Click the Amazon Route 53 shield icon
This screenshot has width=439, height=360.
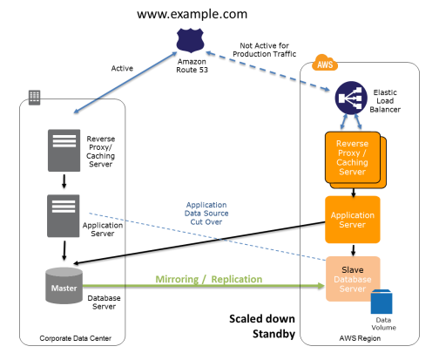pos(191,40)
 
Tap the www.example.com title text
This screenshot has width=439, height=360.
pos(192,14)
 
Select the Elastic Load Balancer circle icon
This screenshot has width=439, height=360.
pos(351,98)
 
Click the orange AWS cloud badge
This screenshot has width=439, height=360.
pos(325,63)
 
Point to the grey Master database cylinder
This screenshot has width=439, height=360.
pos(64,286)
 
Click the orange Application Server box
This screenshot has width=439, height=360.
pos(353,220)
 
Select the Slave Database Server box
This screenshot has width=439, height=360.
pos(353,279)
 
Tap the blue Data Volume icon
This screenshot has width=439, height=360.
pos(382,302)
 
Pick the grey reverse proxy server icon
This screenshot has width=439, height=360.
pos(64,150)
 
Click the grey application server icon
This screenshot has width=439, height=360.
pos(64,216)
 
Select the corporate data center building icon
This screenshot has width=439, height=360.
pos(34,98)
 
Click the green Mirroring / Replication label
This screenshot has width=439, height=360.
pos(209,279)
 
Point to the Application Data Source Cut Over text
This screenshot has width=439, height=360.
pos(206,214)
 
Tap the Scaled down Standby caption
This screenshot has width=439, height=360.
pos(262,326)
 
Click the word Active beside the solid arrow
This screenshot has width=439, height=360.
pos(122,68)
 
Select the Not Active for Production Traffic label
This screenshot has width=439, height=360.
pos(264,50)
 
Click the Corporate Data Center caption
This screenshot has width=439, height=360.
pos(76,338)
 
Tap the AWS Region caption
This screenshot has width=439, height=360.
pos(360,338)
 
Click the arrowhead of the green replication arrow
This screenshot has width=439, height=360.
pos(321,286)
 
